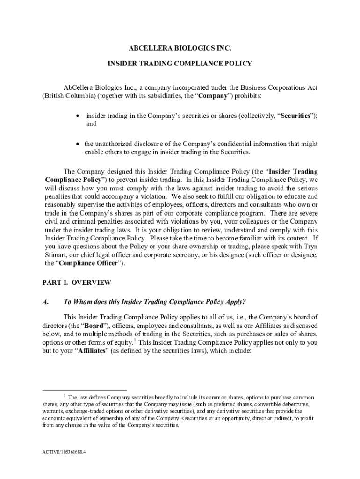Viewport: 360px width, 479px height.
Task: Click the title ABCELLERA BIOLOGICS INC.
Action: (180, 48)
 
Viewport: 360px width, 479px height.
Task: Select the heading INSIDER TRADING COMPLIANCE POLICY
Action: (180, 63)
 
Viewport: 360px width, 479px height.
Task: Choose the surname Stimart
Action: (57, 255)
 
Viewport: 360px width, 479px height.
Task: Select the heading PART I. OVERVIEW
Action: (77, 283)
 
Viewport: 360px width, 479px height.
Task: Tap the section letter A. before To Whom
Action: (45, 302)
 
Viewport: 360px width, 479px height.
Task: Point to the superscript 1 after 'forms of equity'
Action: (135, 340)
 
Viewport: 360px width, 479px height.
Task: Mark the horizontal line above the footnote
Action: (85, 389)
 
